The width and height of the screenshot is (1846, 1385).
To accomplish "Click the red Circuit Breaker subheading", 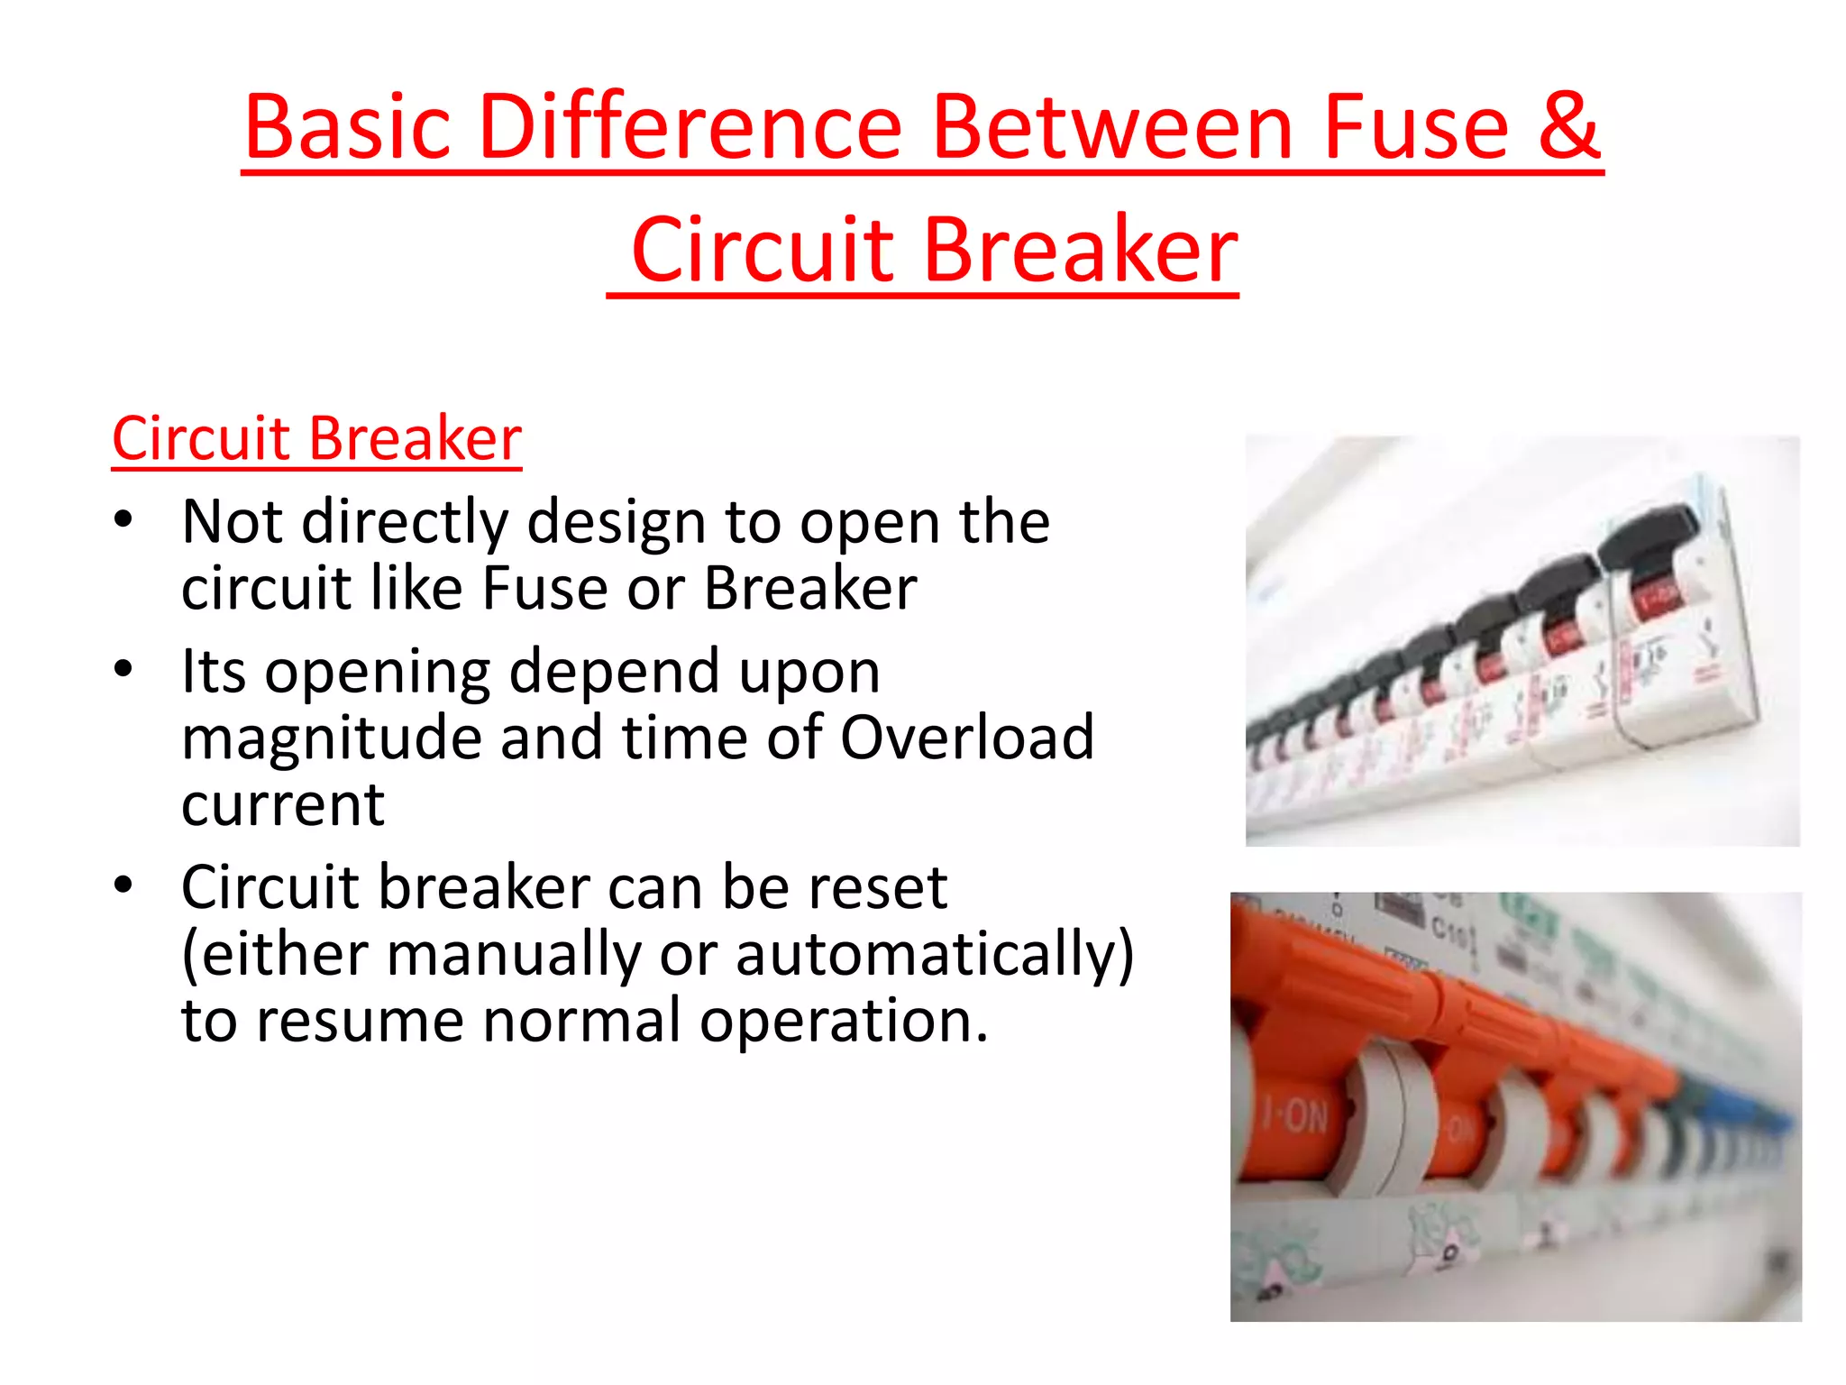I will pyautogui.click(x=316, y=439).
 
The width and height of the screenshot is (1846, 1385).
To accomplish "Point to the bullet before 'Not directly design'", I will pyautogui.click(x=123, y=520).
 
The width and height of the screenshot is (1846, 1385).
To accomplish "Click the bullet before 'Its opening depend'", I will pyautogui.click(x=123, y=670).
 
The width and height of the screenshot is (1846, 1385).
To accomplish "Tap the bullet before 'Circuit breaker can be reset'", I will pyautogui.click(x=123, y=885).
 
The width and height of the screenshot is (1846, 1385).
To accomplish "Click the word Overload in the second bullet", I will pyautogui.click(x=966, y=738).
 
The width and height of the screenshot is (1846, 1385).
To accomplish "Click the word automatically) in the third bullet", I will pyautogui.click(x=935, y=954).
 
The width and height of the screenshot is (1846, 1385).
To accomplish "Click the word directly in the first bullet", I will pyautogui.click(x=405, y=523).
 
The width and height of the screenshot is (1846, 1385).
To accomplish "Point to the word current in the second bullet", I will pyautogui.click(x=283, y=804).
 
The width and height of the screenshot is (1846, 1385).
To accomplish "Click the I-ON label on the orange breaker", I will pyautogui.click(x=1294, y=1116).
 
